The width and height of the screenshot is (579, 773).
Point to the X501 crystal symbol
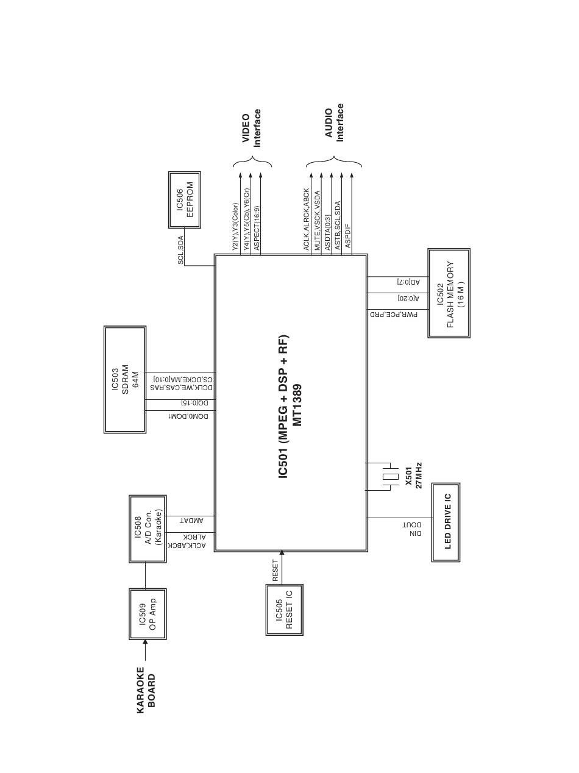click(391, 477)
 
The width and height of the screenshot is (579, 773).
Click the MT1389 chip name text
click(297, 405)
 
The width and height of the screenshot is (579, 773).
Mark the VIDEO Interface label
click(252, 128)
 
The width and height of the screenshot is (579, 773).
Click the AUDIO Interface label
click(334, 123)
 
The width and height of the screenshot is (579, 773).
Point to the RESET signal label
click(275, 570)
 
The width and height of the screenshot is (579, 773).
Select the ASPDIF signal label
click(348, 235)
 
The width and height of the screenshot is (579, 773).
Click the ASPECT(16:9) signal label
click(257, 228)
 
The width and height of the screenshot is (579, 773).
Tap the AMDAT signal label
click(192, 521)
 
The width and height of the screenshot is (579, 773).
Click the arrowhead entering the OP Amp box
click(145, 643)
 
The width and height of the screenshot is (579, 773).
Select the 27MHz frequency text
click(419, 476)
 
